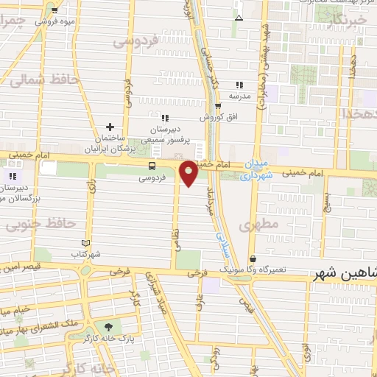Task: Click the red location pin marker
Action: [188, 173]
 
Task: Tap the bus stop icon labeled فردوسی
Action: [152, 166]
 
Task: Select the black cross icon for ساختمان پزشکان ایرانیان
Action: [110, 127]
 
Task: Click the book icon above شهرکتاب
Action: [86, 243]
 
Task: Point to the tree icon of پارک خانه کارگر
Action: [110, 326]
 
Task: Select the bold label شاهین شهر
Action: [346, 273]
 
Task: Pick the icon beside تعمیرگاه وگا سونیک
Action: [253, 259]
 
